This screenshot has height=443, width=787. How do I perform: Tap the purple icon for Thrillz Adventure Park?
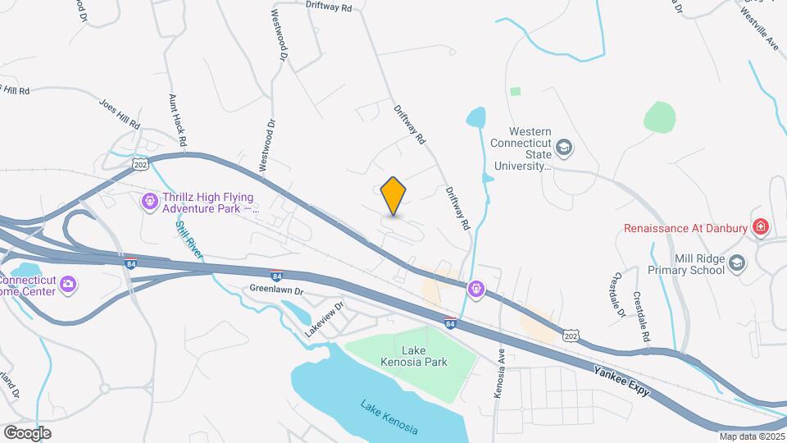click(x=149, y=201)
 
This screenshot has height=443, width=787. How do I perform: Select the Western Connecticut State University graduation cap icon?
click(x=564, y=148)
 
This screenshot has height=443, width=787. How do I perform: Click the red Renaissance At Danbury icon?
click(x=761, y=226)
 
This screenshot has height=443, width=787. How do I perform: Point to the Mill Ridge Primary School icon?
click(x=737, y=263)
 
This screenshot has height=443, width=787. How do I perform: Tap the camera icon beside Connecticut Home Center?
click(x=68, y=285)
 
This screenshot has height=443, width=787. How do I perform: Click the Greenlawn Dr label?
click(x=276, y=290)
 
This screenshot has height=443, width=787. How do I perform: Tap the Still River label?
click(x=189, y=240)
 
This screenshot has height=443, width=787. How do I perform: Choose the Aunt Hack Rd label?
click(x=178, y=120)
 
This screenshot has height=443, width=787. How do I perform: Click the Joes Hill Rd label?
click(x=120, y=113)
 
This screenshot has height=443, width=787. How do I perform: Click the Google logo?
click(x=26, y=432)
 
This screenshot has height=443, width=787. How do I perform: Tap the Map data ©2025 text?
click(x=752, y=436)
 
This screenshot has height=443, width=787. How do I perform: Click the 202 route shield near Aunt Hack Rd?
click(x=140, y=164)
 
